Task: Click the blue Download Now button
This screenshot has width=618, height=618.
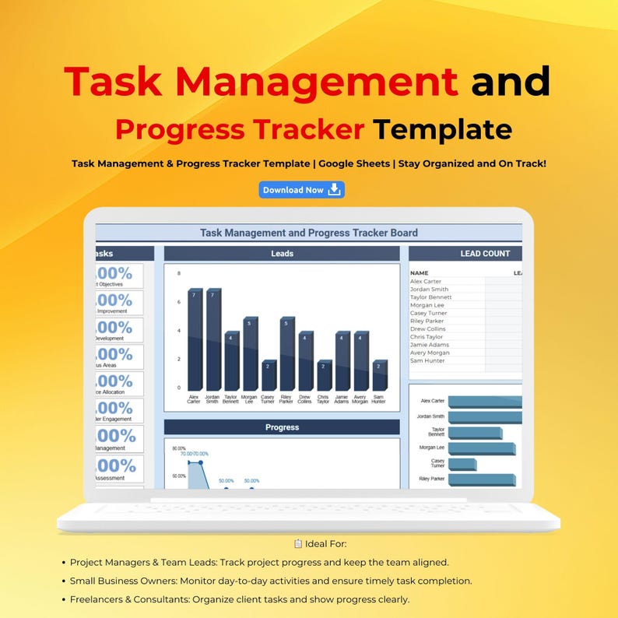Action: coord(301,190)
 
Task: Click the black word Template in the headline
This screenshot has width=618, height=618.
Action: coord(442,129)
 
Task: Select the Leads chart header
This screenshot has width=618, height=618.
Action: coord(282,254)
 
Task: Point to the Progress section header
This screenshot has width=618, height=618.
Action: coord(282,427)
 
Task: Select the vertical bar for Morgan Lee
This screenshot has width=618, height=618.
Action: coord(250,353)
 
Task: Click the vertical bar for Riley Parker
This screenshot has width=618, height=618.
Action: coord(287,353)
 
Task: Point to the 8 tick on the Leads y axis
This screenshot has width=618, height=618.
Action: coord(179,273)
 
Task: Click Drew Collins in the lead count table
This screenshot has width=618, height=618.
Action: coord(427,329)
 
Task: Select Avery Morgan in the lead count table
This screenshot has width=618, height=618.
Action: coord(430,353)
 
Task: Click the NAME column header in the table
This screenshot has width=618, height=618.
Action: coord(420,273)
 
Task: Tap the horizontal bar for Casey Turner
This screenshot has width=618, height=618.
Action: coord(462,464)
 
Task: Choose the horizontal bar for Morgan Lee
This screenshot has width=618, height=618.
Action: coord(481,448)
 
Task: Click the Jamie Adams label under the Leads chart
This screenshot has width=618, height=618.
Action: coord(342,399)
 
